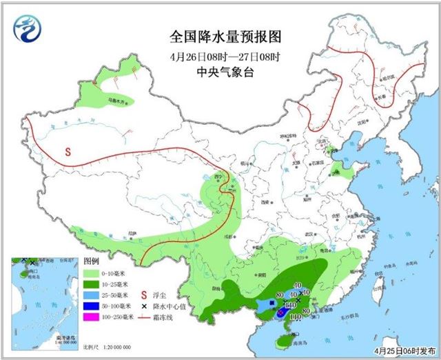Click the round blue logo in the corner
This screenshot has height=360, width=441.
pos(27,28)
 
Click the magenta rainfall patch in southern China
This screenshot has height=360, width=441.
pos(283,312)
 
